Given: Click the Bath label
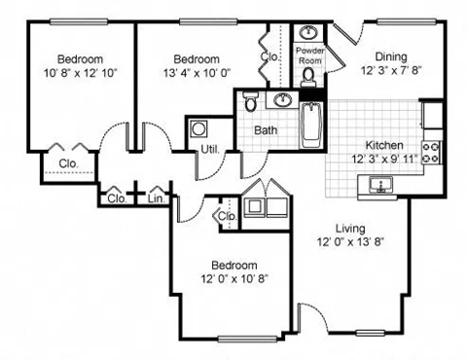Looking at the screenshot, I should click(265, 129).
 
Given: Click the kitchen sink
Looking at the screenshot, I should click(381, 184).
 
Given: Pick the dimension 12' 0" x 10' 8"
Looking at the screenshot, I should click(233, 280).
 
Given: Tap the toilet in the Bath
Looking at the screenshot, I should click(251, 102).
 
